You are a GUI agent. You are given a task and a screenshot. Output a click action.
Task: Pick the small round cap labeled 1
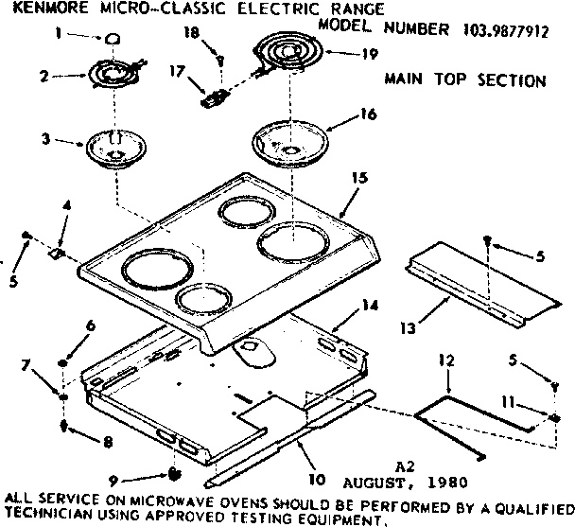[113, 37]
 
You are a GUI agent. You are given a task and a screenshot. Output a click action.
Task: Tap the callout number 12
[446, 360]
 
